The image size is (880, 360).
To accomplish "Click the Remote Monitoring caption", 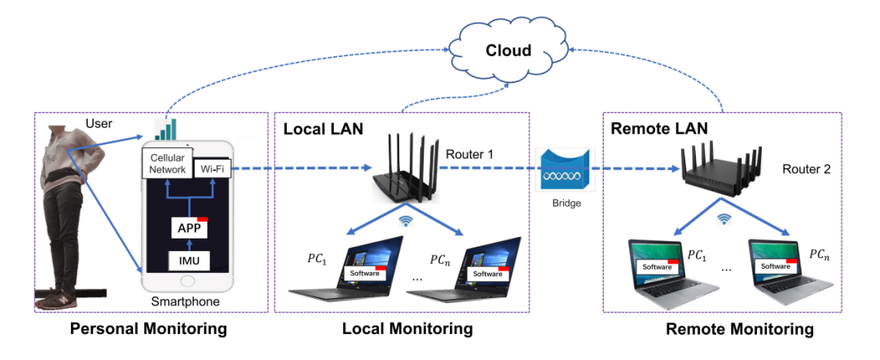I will pos(739,330).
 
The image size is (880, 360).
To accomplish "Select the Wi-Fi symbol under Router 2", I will pos(722,218).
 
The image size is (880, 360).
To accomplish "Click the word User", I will pos(99,125).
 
